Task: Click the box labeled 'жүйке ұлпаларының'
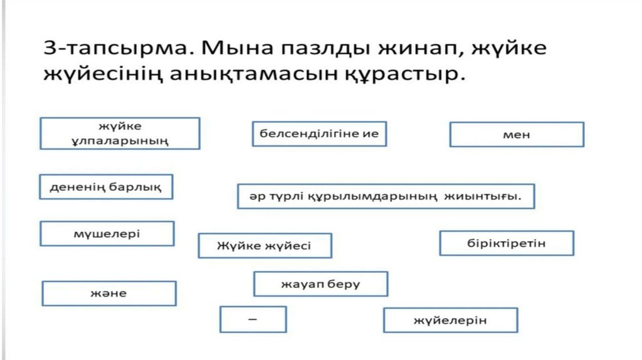[120, 133]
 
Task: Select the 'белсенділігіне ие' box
[319, 134]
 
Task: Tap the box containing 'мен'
[517, 134]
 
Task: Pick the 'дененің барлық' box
[106, 186]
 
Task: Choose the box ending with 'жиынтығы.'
[386, 196]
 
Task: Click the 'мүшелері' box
[107, 233]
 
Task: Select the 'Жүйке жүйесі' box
[265, 245]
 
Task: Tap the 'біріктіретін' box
[507, 243]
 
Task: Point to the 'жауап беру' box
[320, 283]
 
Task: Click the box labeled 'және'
[109, 293]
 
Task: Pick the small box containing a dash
[253, 319]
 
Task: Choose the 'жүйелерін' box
[450, 320]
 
